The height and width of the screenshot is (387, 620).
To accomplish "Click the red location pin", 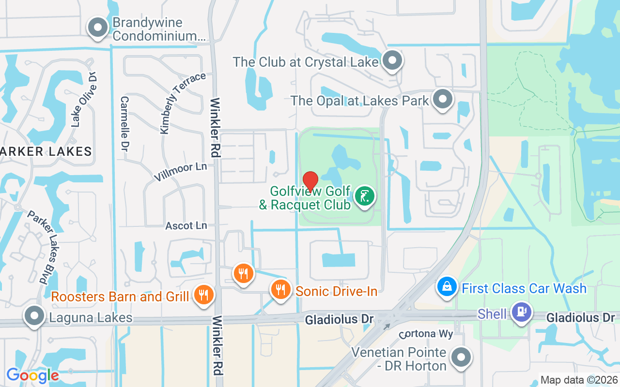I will coord(310,181).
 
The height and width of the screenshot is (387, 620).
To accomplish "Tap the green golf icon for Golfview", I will coord(365,196).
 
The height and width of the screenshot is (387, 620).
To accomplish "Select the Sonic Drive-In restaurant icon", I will coord(280,290).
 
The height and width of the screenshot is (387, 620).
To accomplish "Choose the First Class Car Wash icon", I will coord(447,288).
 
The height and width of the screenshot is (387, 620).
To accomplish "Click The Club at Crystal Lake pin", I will coord(392,61).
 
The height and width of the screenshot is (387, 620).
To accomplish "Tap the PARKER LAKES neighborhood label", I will coord(46,151).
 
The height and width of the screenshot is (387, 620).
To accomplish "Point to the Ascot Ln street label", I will coord(186,226).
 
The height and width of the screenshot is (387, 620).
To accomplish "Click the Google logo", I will coord(32,375).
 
